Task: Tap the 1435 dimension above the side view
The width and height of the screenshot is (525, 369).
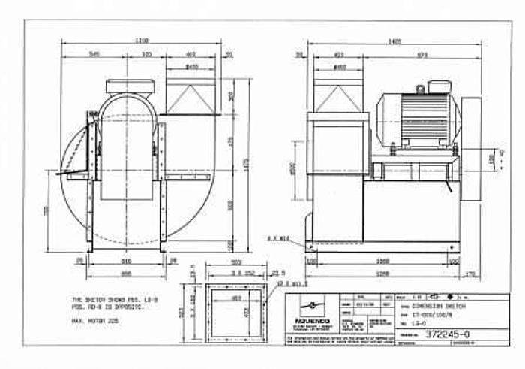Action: pos(393,42)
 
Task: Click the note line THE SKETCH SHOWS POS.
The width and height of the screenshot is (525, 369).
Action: pos(103,299)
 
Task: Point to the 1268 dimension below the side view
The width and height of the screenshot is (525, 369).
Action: pos(382,274)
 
